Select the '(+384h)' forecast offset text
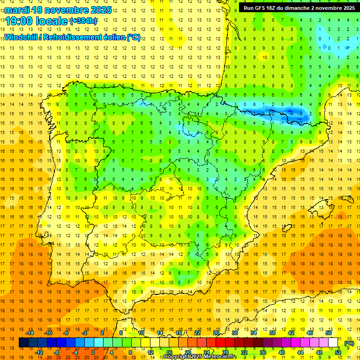coord(83,21)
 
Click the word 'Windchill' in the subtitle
coord(20,37)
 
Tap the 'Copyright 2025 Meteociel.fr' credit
coord(200,357)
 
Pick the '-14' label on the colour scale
coord(30,333)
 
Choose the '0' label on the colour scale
coord(92,352)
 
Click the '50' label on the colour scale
coord(328,333)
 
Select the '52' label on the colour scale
coord(338,352)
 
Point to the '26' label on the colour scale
coord(216,333)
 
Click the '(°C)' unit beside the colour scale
coord(349,343)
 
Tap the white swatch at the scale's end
coord(333,343)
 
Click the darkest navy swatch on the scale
coord(23,343)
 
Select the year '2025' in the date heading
coord(100,10)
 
